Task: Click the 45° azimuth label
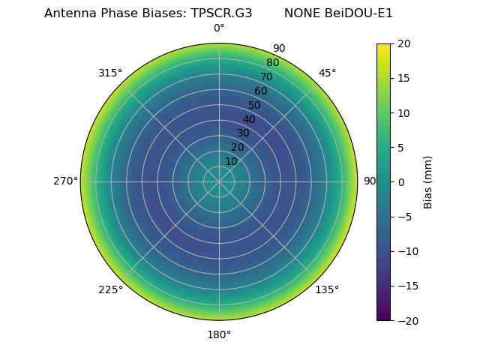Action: tap(328, 73)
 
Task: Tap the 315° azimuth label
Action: tap(110, 73)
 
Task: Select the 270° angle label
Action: tap(65, 181)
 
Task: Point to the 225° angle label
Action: tap(110, 290)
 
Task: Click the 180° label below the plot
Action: tap(219, 334)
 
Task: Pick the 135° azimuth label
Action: tap(327, 290)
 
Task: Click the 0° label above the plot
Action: tap(219, 28)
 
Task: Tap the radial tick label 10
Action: tap(231, 161)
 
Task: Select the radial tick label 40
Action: tap(249, 120)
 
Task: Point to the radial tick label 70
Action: tap(266, 77)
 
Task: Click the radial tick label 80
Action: tap(272, 63)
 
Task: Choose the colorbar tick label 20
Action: tap(404, 43)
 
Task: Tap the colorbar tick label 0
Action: tap(401, 181)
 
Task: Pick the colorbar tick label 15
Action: tap(404, 78)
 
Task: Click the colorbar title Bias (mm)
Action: tap(428, 181)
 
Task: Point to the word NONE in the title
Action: tap(302, 13)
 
